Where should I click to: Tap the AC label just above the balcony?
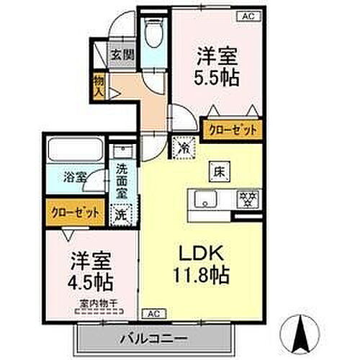tap(153, 314)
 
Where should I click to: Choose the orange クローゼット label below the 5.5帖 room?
tap(232, 130)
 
